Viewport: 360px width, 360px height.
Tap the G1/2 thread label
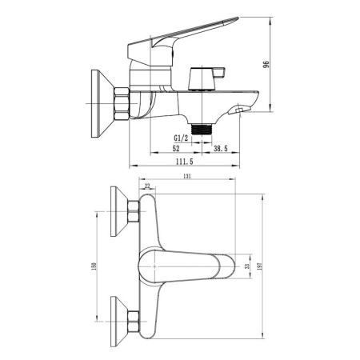point(182,138)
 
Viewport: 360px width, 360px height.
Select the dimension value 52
point(175,149)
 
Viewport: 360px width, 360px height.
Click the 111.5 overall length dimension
point(185,162)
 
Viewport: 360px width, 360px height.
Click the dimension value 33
point(246,265)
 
